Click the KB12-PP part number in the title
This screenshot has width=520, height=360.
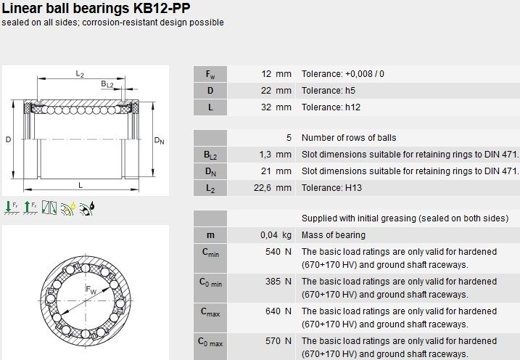tap(162, 8)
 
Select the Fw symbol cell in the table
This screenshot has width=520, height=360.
tap(210, 74)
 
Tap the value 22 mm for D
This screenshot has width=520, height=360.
tap(276, 91)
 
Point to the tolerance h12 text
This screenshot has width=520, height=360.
tap(331, 107)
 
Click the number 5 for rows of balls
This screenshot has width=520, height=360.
tap(289, 138)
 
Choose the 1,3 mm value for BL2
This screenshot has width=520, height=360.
tap(276, 155)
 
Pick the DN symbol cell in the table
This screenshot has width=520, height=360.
tap(210, 171)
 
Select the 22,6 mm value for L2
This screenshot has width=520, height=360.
tap(273, 188)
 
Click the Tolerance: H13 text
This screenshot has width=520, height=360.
tap(331, 188)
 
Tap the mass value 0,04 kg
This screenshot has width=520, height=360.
tap(276, 235)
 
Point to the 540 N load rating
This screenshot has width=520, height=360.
tap(278, 252)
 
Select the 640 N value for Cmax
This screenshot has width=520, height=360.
tap(278, 311)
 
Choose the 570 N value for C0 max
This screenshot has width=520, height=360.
tap(278, 341)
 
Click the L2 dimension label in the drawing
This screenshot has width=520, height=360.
tap(80, 73)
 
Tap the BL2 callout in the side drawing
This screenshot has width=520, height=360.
tap(107, 84)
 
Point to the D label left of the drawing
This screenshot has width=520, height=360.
tap(8, 139)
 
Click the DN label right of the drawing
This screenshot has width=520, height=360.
tap(159, 140)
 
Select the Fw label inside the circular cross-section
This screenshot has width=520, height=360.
tap(91, 290)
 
